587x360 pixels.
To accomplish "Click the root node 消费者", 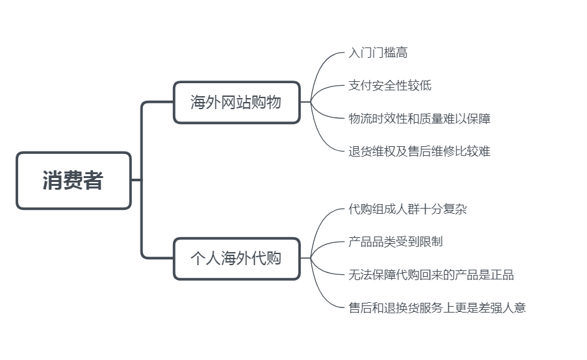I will coord(73,181).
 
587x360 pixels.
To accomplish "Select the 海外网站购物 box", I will coord(237,102).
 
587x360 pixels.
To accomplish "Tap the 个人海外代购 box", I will coord(237,258).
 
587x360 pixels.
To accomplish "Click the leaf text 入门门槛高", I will coord(378,53).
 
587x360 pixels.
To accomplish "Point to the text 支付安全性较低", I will coord(389,86).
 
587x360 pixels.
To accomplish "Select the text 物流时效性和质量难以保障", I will coord(419,118).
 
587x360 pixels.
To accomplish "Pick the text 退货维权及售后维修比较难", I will coord(419,151).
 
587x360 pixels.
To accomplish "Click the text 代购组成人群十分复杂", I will coord(408,209).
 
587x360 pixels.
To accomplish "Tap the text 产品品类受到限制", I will coord(395,242).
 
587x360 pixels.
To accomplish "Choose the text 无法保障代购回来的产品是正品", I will coord(431,275).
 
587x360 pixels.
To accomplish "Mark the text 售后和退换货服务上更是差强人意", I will coord(437,307).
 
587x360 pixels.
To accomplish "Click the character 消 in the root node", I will coord(53,181).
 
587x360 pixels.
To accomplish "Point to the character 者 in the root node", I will coord(94,181).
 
